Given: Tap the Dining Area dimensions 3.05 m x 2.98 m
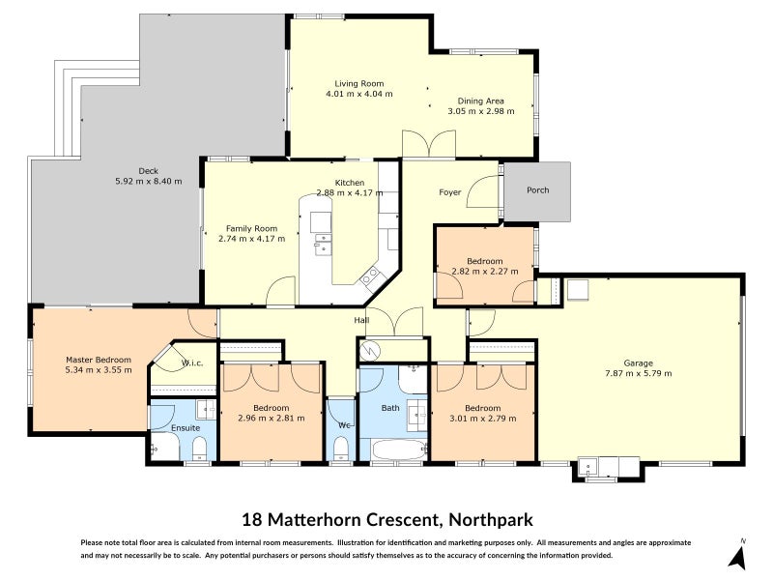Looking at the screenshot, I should point(480,111).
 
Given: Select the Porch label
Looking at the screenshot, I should point(537,190).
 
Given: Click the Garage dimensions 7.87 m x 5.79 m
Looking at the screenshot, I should point(639,373).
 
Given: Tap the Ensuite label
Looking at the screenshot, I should point(186,427).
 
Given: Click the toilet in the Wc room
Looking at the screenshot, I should point(340,447).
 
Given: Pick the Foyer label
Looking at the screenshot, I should point(450,192).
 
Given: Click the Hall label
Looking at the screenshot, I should point(361,320).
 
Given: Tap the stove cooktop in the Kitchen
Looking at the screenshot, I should point(371,278).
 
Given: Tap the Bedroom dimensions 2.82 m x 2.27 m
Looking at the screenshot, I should point(484,272).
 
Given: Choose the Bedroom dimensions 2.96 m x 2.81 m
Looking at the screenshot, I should point(271,419).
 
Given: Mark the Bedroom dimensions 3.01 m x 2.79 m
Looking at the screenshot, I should point(481,419).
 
